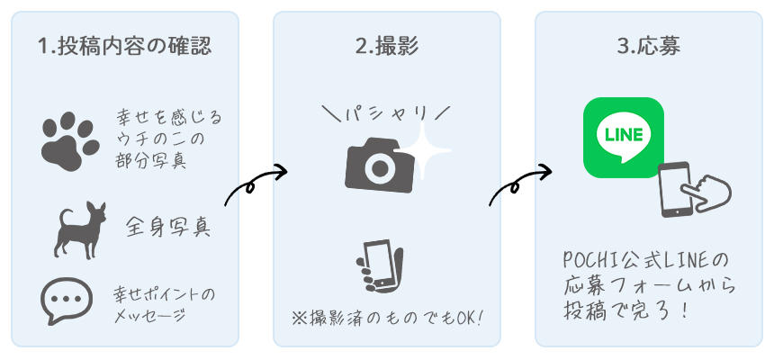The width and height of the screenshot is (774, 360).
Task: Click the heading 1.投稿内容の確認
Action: point(125,45)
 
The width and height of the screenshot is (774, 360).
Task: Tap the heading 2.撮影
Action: point(386,46)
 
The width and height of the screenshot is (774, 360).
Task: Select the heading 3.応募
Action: point(648,46)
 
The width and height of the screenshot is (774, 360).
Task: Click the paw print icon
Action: point(69,140)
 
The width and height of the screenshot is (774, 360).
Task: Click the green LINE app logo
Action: point(623,137)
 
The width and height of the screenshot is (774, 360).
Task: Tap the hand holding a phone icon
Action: point(379,267)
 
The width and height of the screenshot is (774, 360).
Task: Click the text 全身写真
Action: point(168,225)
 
